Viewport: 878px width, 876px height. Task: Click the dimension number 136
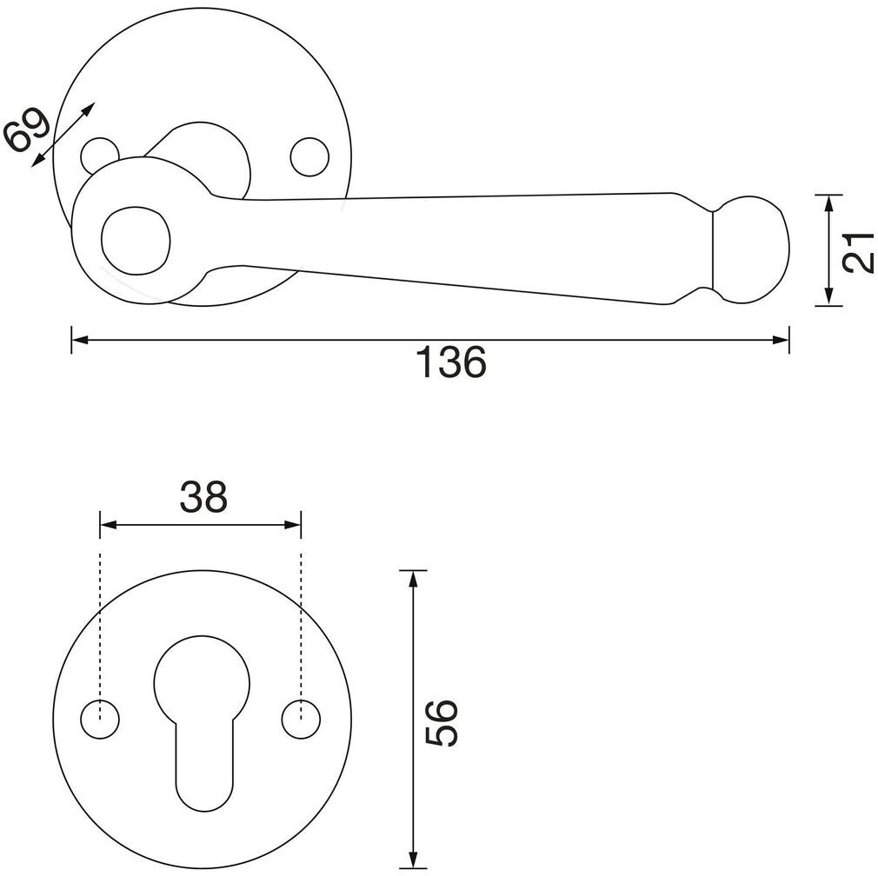point(451,362)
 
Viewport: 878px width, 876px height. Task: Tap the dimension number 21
point(858,251)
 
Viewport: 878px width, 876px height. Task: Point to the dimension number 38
point(203,497)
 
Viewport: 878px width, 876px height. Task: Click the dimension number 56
point(442,721)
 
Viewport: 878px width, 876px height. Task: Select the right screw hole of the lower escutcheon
point(302,720)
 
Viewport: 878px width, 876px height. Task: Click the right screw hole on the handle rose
point(310,156)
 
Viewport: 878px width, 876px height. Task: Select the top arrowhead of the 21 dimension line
point(830,202)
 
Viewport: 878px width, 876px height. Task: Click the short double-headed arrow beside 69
point(63,134)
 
